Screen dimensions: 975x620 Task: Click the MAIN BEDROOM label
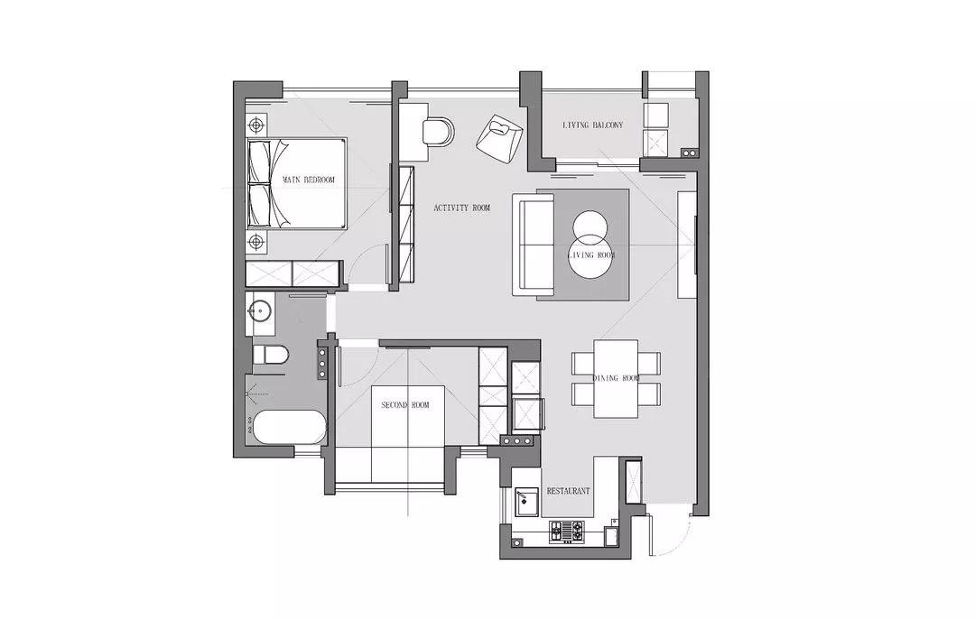pyautogui.click(x=309, y=180)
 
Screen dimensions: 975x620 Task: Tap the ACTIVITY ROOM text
pyautogui.click(x=462, y=208)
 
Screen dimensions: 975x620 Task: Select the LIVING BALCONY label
pyautogui.click(x=592, y=125)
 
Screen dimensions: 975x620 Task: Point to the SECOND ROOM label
pyautogui.click(x=405, y=405)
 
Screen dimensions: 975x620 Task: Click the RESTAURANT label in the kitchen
pyautogui.click(x=569, y=491)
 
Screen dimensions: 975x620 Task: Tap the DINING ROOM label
pyautogui.click(x=616, y=378)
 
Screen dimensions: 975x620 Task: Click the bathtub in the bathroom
pyautogui.click(x=287, y=427)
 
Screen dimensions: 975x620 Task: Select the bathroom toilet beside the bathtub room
pyautogui.click(x=271, y=356)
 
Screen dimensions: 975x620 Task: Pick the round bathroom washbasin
pyautogui.click(x=261, y=309)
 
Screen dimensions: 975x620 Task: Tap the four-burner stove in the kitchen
pyautogui.click(x=566, y=531)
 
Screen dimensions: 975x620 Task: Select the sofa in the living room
pyautogui.click(x=534, y=244)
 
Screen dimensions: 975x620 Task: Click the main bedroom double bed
pyautogui.click(x=297, y=183)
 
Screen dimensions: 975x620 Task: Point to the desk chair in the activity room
pyautogui.click(x=439, y=132)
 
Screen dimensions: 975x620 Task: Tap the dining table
pyautogui.click(x=617, y=379)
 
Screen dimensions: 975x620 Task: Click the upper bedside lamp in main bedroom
pyautogui.click(x=255, y=125)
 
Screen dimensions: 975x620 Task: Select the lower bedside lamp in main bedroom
pyautogui.click(x=255, y=241)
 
